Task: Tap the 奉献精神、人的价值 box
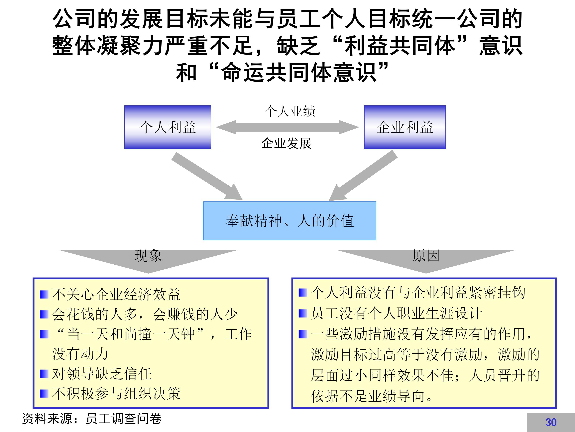pyautogui.click(x=289, y=221)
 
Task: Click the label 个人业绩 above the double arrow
pyautogui.click(x=290, y=111)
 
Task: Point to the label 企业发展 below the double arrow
pyautogui.click(x=287, y=143)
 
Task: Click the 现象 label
pyautogui.click(x=148, y=256)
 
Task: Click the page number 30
pyautogui.click(x=551, y=422)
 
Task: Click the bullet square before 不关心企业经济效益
pyautogui.click(x=44, y=295)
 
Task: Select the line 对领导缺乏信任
pyautogui.click(x=102, y=374)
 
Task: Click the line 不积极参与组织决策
pyautogui.click(x=116, y=393)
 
